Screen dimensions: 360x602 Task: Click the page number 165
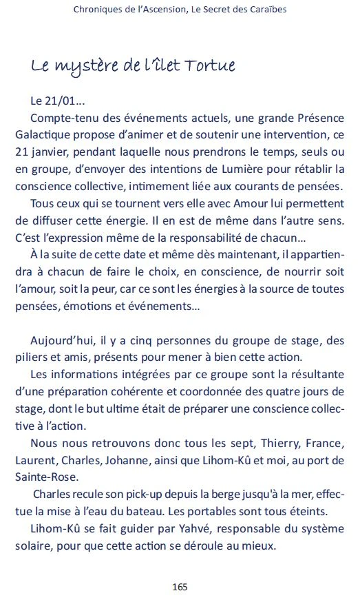(x=180, y=587)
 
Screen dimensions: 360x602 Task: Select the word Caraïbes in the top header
(x=262, y=10)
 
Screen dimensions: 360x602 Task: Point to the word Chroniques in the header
(x=98, y=10)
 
